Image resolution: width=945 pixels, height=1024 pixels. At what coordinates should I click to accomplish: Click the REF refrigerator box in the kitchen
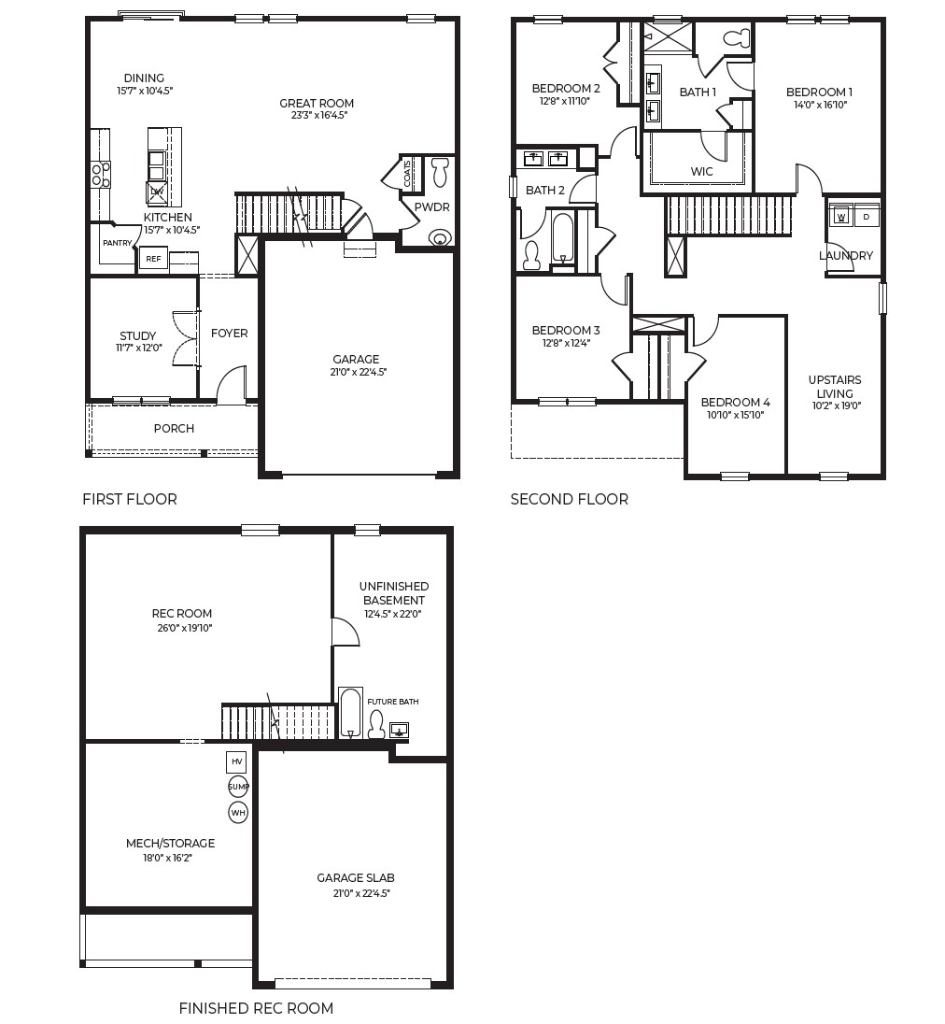pyautogui.click(x=152, y=260)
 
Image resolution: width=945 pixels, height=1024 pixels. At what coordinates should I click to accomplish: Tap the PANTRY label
pyautogui.click(x=118, y=243)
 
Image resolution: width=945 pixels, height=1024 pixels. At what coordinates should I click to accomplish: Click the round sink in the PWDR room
pyautogui.click(x=439, y=238)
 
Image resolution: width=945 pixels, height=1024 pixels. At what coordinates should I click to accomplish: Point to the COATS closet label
pyautogui.click(x=408, y=173)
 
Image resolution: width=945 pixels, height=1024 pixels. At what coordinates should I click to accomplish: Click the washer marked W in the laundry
pyautogui.click(x=840, y=217)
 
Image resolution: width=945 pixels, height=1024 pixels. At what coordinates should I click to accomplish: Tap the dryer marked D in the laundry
pyautogui.click(x=867, y=217)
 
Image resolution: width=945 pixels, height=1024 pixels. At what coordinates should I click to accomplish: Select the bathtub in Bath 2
pyautogui.click(x=562, y=238)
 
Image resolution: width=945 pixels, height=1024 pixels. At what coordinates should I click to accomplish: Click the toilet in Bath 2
pyautogui.click(x=531, y=255)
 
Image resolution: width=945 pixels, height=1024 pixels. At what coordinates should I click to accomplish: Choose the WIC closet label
pyautogui.click(x=701, y=172)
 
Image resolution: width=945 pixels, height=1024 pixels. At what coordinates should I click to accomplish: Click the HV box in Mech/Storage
pyautogui.click(x=237, y=762)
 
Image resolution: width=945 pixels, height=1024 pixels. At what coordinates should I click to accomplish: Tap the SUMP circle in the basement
pyautogui.click(x=238, y=787)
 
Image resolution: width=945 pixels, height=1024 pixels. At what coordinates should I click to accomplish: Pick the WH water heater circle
pyautogui.click(x=238, y=813)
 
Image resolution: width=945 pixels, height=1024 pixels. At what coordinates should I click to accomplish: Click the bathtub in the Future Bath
pyautogui.click(x=350, y=714)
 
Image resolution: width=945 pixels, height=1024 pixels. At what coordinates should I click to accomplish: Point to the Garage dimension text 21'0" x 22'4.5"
pyautogui.click(x=356, y=372)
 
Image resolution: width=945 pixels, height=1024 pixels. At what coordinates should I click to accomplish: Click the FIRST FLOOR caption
pyautogui.click(x=129, y=499)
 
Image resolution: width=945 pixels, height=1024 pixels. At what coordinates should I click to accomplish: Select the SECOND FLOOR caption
pyautogui.click(x=569, y=499)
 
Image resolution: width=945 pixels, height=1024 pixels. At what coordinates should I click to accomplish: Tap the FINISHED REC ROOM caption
pyautogui.click(x=256, y=1008)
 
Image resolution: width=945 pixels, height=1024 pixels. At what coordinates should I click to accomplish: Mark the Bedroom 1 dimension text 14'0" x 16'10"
pyautogui.click(x=819, y=106)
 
